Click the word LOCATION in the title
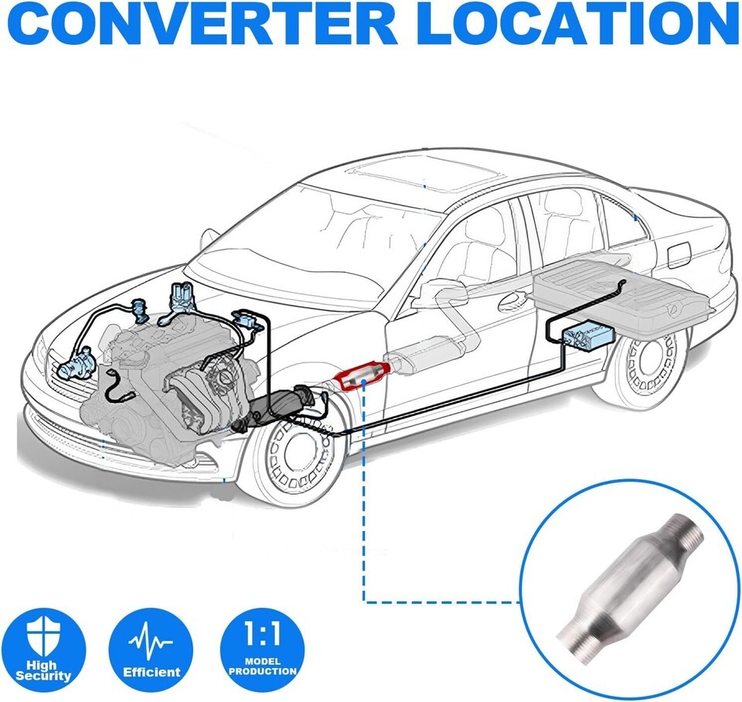(575, 27)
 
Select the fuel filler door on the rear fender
(679, 253)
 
